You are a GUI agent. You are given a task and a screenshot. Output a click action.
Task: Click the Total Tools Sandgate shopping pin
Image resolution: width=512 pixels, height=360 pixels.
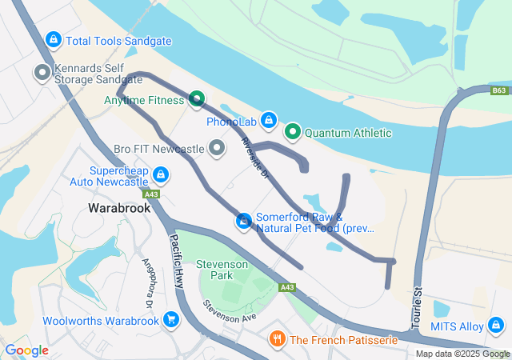point(54,38)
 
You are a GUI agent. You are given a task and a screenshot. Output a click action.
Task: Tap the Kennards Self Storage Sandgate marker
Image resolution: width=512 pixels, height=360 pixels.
point(42,74)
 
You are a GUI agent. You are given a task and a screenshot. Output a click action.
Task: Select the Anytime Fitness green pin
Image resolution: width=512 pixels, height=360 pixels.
point(196,99)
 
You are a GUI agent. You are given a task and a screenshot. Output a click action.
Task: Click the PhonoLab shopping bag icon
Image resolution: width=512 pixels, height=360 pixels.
point(268,120)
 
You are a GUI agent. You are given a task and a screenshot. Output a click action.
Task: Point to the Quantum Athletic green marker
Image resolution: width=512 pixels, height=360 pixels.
point(293,131)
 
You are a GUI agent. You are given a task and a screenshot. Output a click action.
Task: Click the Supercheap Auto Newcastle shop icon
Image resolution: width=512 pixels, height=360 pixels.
point(160,174)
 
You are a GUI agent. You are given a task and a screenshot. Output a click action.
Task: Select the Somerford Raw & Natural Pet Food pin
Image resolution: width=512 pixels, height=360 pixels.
point(243,221)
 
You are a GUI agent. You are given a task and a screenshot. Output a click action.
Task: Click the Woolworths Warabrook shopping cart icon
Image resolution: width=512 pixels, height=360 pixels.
point(170,320)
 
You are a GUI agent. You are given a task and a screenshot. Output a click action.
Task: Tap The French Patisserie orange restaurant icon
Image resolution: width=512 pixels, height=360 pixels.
point(277,339)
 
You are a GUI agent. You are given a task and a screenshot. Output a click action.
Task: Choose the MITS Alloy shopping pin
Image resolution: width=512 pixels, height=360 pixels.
point(495,326)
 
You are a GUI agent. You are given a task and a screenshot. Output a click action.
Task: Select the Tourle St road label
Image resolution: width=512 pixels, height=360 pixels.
point(417,308)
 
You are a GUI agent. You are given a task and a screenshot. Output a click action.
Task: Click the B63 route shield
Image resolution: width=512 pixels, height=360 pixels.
point(499,91)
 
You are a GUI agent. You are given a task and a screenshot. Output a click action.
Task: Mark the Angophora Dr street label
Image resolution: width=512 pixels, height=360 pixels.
point(147,283)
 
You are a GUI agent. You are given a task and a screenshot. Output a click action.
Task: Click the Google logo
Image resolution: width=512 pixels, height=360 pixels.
point(27,350)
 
